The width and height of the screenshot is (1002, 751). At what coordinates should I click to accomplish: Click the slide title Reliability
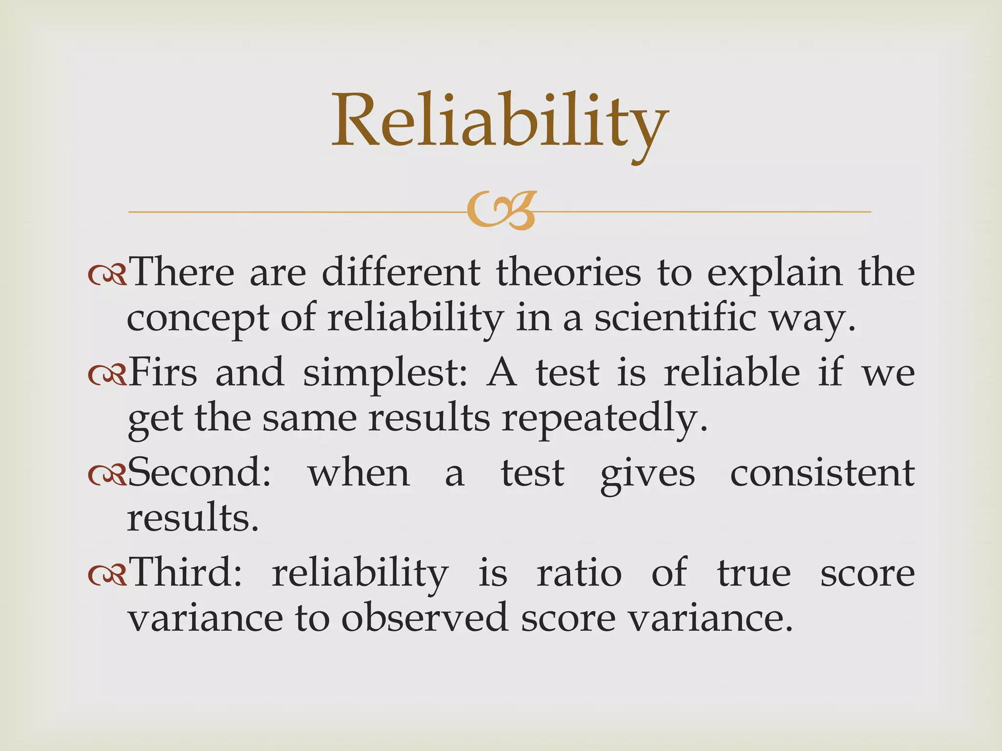click(500, 122)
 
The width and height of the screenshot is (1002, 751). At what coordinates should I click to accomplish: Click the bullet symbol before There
click(107, 276)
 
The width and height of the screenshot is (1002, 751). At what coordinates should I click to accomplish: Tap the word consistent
click(822, 473)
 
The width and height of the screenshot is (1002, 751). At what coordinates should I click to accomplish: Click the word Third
click(186, 572)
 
